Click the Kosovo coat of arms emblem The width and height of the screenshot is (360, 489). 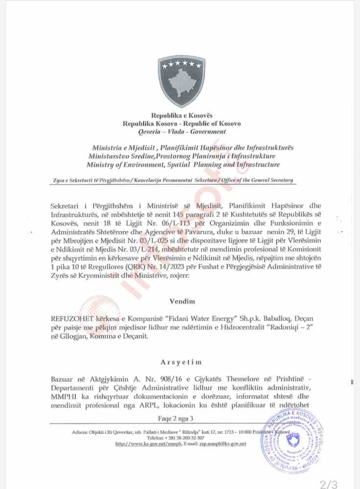[181, 81]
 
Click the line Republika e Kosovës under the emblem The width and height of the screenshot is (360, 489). [182, 115]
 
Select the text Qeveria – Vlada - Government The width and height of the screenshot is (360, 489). [182, 132]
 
